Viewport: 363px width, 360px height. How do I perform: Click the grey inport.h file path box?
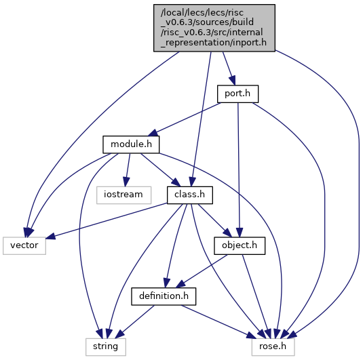point(214,28)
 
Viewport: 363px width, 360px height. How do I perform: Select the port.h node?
point(237,94)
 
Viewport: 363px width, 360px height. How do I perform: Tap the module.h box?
point(131,144)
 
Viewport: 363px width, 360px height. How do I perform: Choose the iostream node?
point(123,195)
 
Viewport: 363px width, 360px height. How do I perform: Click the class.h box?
point(189,195)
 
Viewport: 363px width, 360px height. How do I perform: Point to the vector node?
point(24,245)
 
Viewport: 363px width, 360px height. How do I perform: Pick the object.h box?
point(240,245)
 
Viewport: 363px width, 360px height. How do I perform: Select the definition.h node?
point(164,296)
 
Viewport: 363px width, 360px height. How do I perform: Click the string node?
point(106,347)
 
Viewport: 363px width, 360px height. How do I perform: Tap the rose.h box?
point(273,347)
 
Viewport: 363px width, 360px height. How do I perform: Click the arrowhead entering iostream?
point(126,182)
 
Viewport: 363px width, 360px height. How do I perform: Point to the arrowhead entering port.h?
point(233,81)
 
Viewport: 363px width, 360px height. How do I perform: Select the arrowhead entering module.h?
point(153,133)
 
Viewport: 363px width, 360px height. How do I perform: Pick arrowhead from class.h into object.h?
point(227,233)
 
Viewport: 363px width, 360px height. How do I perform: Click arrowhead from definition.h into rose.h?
point(252,335)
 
